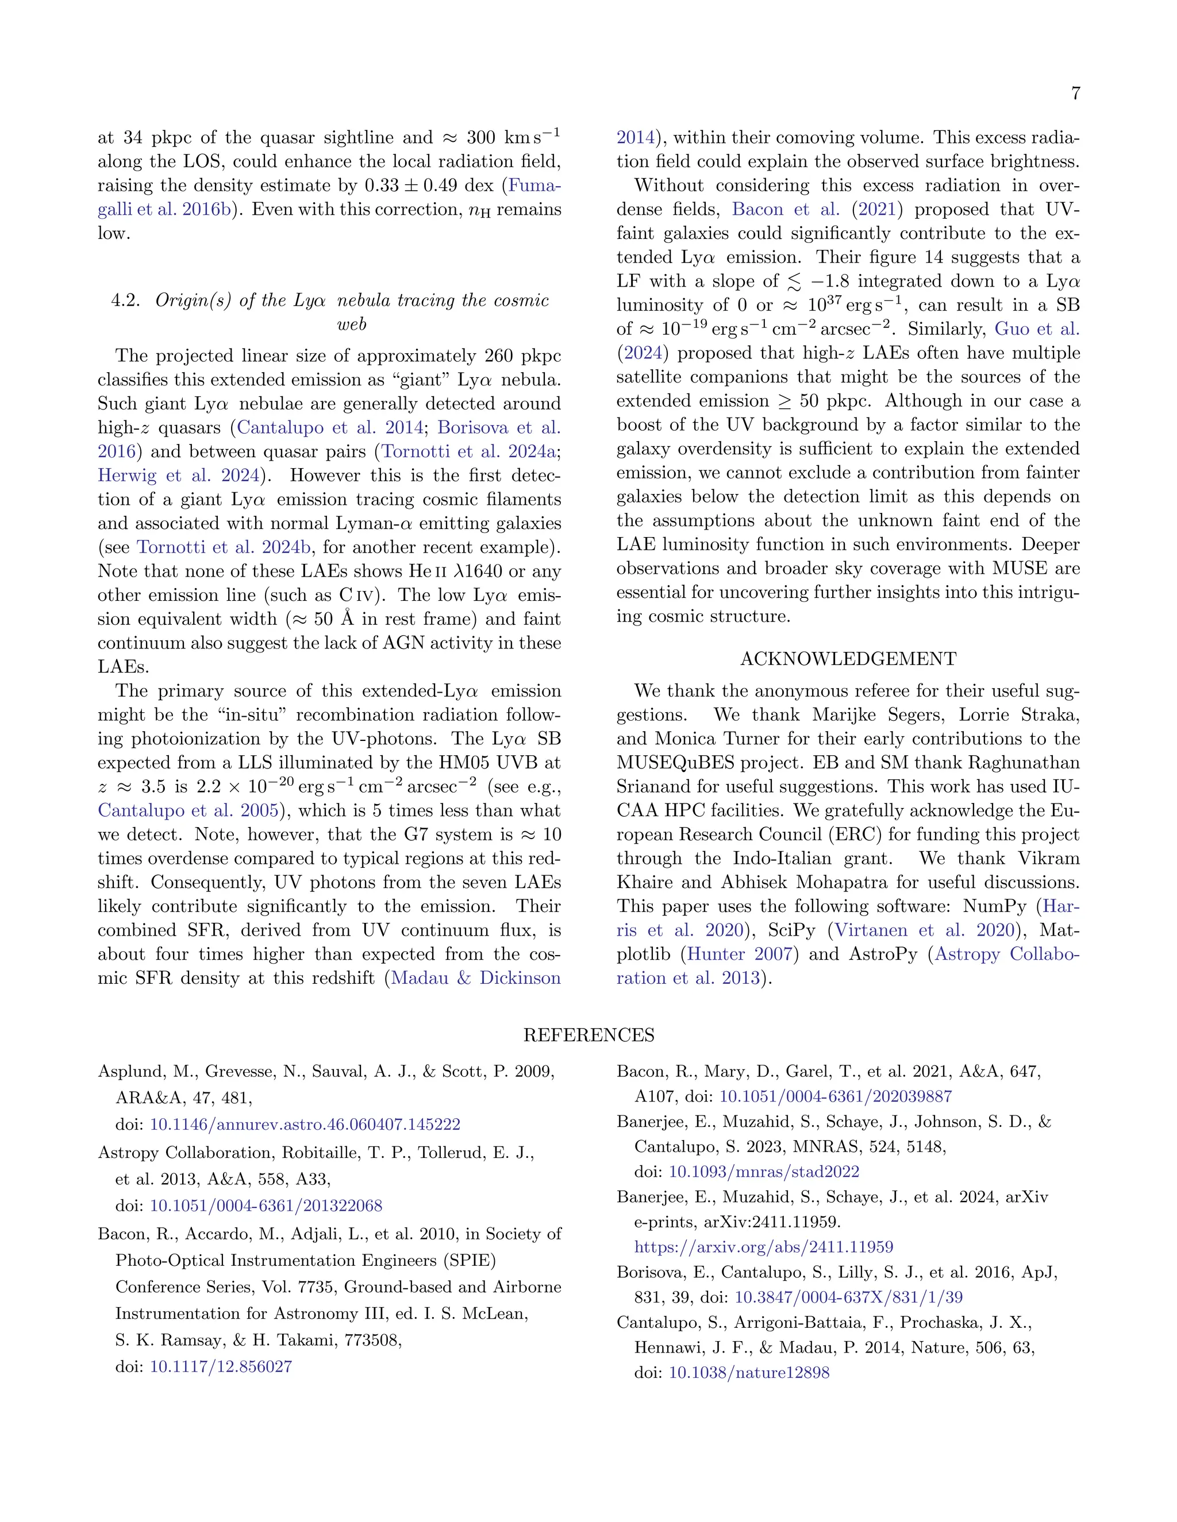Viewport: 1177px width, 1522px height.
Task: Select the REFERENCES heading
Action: point(588,1035)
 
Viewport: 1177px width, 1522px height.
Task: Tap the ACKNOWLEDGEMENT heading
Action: point(848,659)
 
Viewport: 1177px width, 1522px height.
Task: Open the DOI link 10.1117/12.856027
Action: point(221,1366)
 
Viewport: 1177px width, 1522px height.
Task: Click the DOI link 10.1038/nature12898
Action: point(749,1373)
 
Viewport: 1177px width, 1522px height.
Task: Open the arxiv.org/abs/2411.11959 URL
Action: point(764,1247)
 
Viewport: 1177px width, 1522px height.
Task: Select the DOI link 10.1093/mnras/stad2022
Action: point(764,1172)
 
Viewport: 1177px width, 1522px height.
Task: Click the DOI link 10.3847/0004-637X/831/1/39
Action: point(849,1297)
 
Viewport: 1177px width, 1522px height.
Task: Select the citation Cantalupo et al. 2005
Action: point(189,810)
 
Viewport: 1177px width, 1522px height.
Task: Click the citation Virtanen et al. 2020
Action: point(924,930)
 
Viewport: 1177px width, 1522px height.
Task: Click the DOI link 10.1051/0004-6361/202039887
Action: point(835,1096)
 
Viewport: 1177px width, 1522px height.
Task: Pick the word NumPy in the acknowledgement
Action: point(994,907)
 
